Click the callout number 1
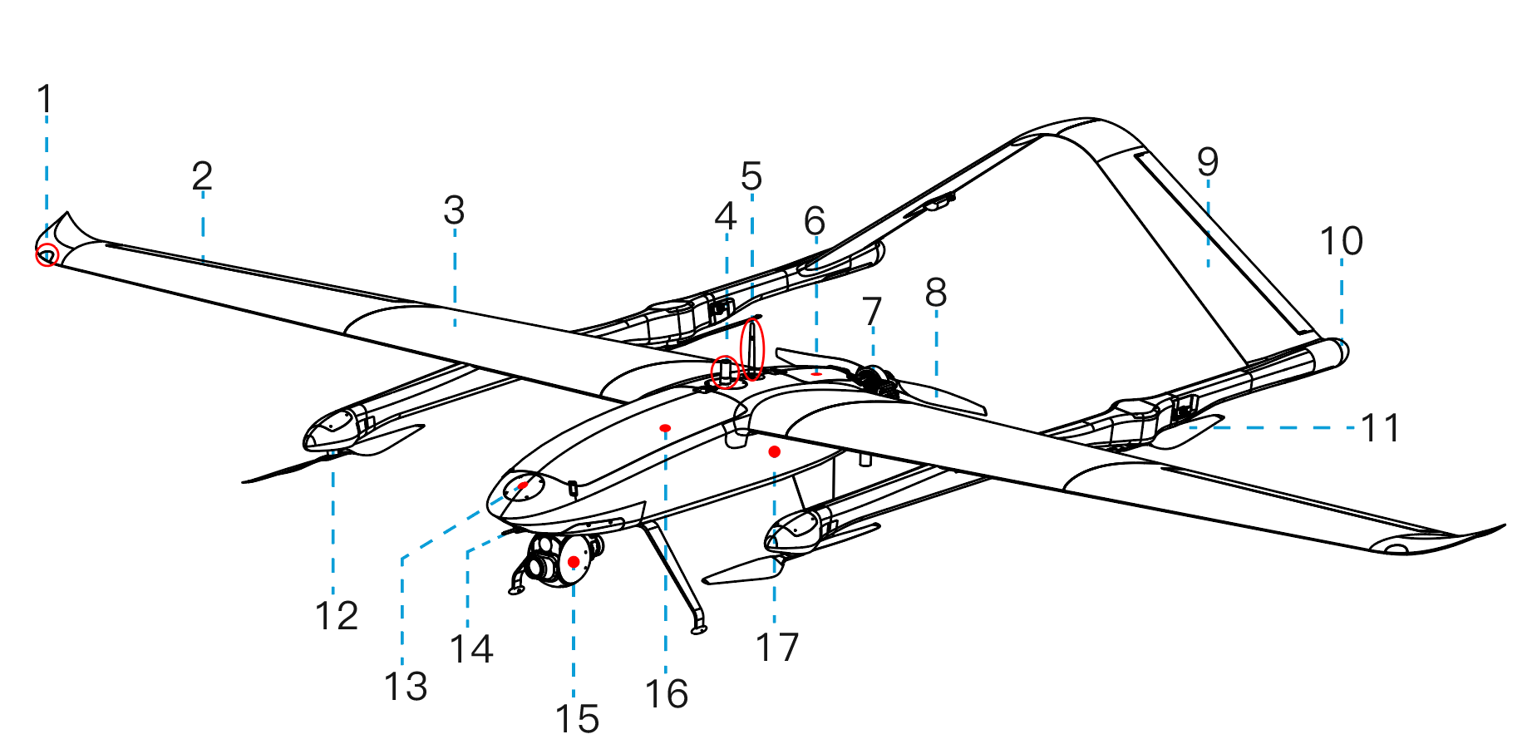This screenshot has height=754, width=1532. (x=45, y=99)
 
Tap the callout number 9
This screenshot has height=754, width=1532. (x=1208, y=161)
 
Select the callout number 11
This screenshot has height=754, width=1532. (x=1380, y=428)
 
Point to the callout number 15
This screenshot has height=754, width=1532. (x=577, y=719)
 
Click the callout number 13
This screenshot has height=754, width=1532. (x=406, y=687)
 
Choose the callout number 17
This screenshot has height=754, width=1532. (x=777, y=647)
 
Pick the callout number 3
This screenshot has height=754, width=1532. (x=454, y=210)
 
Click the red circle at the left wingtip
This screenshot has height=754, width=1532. (x=47, y=255)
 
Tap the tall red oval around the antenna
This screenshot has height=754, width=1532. (x=752, y=349)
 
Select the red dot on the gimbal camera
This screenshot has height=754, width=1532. (x=574, y=563)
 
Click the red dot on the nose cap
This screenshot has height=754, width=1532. (x=523, y=485)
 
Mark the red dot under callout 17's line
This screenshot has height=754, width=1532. (x=775, y=451)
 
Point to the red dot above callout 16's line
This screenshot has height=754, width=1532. (x=665, y=428)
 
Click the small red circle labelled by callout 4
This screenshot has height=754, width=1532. (x=726, y=372)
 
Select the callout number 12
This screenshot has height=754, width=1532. (x=337, y=616)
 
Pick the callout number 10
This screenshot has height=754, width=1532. (x=1342, y=241)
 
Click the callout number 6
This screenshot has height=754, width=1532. (x=815, y=221)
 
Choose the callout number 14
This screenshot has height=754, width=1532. (x=471, y=648)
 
